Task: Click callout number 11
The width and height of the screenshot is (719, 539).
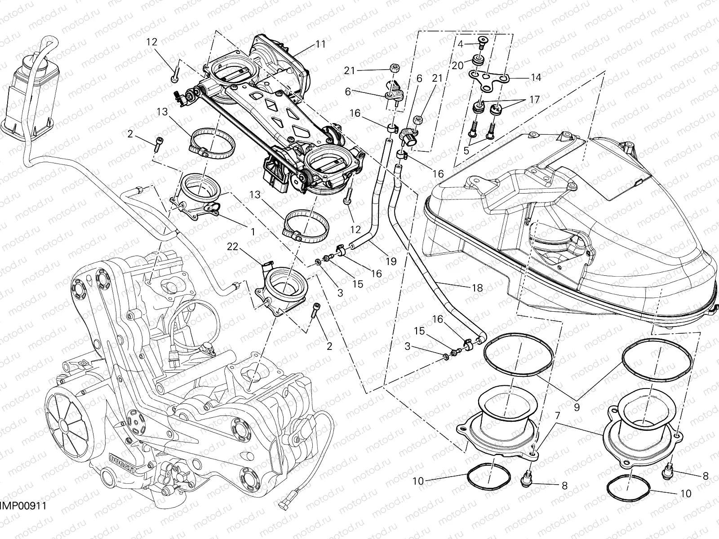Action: pos(320,44)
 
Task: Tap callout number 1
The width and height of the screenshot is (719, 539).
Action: pos(253,232)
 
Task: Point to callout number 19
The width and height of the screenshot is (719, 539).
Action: pos(391,261)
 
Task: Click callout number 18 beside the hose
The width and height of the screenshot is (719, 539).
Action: pos(477,288)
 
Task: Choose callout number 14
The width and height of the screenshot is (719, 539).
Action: pos(536,77)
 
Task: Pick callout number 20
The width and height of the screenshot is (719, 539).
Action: pos(457,66)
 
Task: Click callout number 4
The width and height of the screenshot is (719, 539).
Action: pos(460,44)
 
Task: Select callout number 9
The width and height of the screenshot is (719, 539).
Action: pos(577,407)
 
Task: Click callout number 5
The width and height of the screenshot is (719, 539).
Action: pos(466,150)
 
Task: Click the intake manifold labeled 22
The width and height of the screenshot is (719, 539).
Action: pos(282,287)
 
